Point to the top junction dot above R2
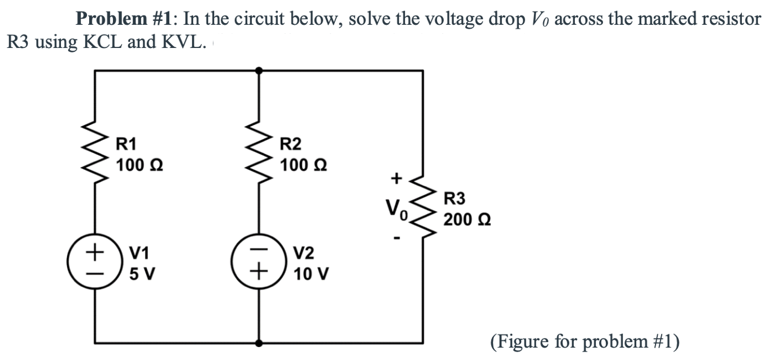tap(259, 71)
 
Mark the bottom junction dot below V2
tap(259, 343)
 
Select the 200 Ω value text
tap(466, 219)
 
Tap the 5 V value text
tap(143, 274)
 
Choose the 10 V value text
tap(312, 274)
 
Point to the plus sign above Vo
tap(396, 179)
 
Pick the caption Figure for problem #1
tap(585, 342)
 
